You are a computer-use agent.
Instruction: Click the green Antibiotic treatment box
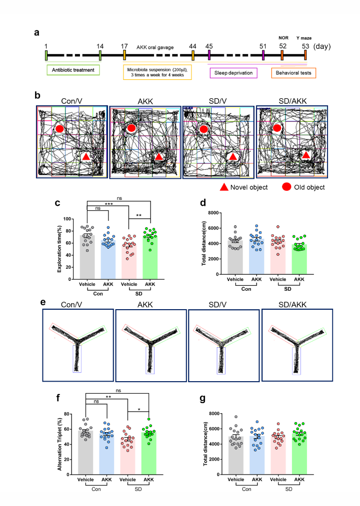[73, 70]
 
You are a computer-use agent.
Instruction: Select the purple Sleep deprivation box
[233, 73]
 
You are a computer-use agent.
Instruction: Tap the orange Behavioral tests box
[293, 73]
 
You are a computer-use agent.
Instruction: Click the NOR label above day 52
[283, 38]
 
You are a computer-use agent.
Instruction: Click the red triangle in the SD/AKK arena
[305, 155]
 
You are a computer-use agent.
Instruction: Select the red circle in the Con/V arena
[59, 129]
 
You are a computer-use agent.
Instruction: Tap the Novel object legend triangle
[224, 187]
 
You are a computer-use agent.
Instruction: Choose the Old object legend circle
[286, 187]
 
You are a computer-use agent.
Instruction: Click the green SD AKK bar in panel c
[150, 258]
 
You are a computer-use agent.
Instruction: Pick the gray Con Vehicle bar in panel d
[235, 257]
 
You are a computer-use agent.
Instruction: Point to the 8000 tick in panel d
[213, 213]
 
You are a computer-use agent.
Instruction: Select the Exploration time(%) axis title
[59, 245]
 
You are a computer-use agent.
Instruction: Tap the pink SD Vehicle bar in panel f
[127, 456]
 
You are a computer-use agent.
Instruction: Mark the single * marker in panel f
[139, 410]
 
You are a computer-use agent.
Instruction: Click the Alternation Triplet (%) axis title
[59, 444]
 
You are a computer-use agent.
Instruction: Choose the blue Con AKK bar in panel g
[257, 455]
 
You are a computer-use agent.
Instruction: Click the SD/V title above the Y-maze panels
[217, 305]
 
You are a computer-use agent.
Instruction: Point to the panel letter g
[202, 399]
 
